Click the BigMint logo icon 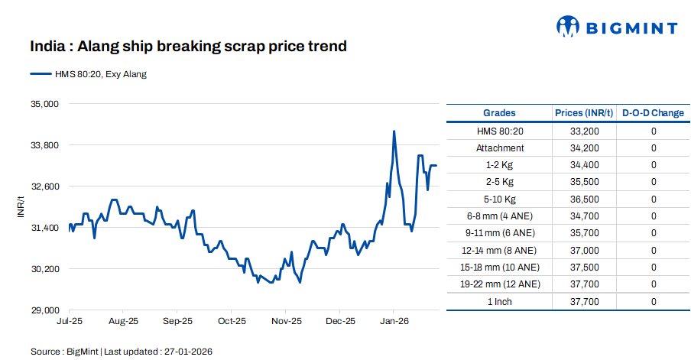567,27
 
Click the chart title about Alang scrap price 188,47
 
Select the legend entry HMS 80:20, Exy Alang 88,74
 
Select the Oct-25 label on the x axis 232,322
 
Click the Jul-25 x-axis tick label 70,322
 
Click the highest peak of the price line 394,131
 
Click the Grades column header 499,113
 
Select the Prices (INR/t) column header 584,113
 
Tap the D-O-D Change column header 653,113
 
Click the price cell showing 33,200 584,131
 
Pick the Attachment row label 500,148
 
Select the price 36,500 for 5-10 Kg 584,199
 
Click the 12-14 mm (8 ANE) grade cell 500,250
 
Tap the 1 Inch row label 500,302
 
